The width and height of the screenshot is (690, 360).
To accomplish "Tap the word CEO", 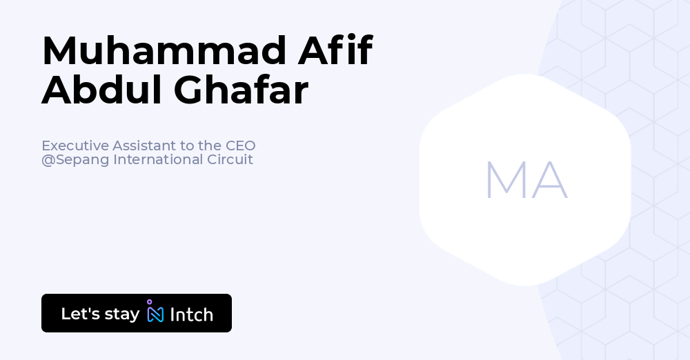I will point(240,146).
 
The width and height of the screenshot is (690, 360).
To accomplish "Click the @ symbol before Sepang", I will point(48,160).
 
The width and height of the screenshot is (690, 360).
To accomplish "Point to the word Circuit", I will point(230,159).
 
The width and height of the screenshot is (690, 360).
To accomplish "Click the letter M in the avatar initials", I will point(503,181).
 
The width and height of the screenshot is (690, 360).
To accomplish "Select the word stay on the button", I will point(121,314).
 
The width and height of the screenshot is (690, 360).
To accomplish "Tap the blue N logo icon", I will point(156,314).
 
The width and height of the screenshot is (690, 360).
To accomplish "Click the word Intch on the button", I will point(191,314).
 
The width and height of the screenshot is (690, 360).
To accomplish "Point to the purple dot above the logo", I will point(149,301).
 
